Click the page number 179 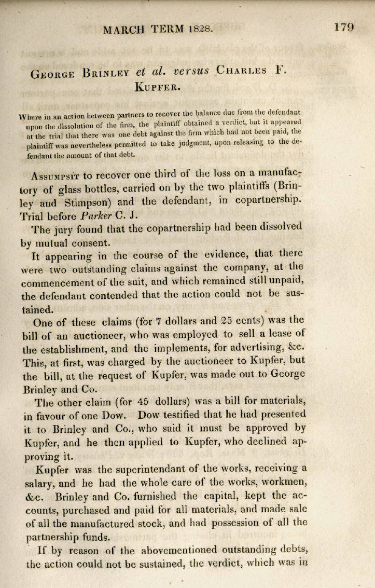344,26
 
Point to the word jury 63,241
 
